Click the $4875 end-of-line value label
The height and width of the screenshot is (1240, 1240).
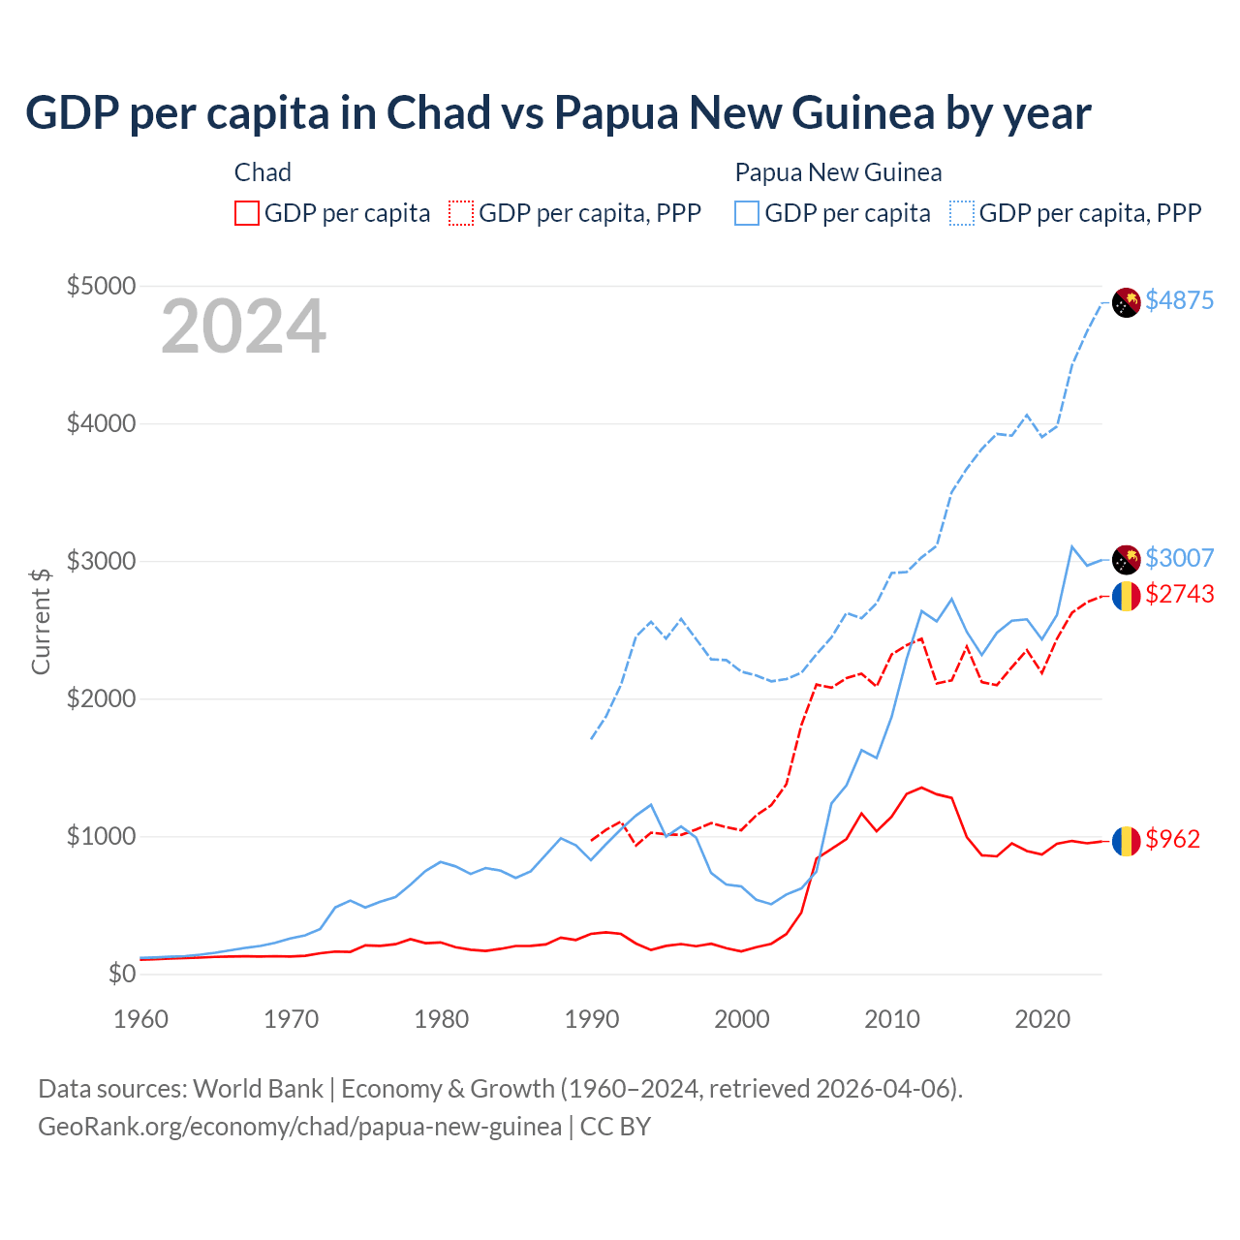click(1179, 300)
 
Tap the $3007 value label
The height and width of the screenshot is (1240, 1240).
click(1179, 558)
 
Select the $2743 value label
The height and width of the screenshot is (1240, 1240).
click(1179, 594)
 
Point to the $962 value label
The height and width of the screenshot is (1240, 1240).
click(1172, 839)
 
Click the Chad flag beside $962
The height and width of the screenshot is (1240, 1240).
click(1126, 841)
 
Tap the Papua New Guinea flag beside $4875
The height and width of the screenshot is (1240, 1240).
click(1126, 302)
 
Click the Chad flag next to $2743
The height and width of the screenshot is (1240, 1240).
click(1126, 596)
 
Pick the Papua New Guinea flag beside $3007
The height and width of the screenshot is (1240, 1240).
click(1126, 559)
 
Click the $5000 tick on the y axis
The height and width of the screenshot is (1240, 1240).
click(101, 286)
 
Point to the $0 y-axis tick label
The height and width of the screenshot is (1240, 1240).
click(121, 974)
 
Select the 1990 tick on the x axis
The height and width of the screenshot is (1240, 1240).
click(592, 1019)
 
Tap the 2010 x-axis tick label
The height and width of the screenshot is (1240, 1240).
click(892, 1019)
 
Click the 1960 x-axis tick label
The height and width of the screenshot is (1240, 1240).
click(141, 1019)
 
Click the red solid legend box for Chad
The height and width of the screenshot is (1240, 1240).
click(247, 213)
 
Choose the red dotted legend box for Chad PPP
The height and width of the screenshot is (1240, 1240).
click(461, 213)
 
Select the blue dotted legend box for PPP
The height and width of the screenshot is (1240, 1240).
click(962, 213)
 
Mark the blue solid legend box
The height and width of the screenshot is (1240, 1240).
click(747, 213)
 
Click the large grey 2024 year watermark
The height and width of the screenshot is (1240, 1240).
click(243, 327)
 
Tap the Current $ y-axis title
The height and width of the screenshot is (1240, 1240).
click(41, 621)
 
